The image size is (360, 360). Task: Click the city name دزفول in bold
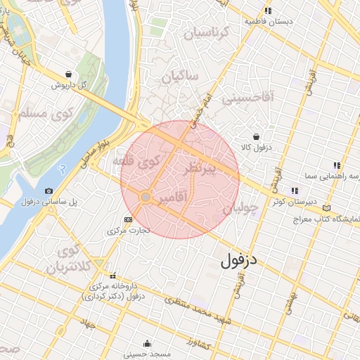click(x=239, y=262)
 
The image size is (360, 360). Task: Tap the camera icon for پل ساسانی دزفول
click(x=49, y=191)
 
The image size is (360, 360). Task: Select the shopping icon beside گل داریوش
click(x=67, y=73)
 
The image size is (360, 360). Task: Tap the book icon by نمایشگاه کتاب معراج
click(x=326, y=208)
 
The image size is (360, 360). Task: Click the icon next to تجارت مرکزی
click(x=127, y=219)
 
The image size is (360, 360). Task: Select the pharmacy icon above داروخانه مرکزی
click(x=112, y=275)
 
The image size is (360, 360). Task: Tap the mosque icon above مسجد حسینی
click(x=146, y=344)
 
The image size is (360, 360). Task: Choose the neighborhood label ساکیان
click(x=181, y=77)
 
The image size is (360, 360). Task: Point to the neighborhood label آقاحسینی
click(x=247, y=98)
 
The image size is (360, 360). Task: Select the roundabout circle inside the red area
click(x=145, y=198)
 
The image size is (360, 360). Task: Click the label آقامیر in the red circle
click(x=172, y=200)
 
